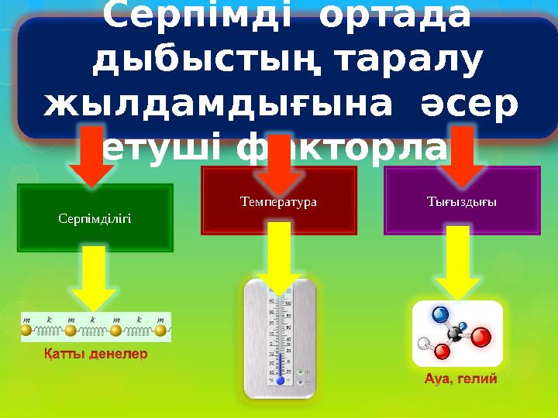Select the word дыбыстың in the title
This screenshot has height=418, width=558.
[x=183, y=60]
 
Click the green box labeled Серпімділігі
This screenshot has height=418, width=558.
[x=95, y=218]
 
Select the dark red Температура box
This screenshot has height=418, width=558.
[x=279, y=200]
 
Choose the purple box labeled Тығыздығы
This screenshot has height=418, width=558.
[x=462, y=200]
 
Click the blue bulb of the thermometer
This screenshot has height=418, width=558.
[x=280, y=380]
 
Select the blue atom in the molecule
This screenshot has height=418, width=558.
[x=439, y=314]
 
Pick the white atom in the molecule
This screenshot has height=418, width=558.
[x=423, y=342]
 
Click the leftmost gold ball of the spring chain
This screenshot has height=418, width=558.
[x=26, y=331]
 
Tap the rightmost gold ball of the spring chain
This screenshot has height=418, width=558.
[x=160, y=331]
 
